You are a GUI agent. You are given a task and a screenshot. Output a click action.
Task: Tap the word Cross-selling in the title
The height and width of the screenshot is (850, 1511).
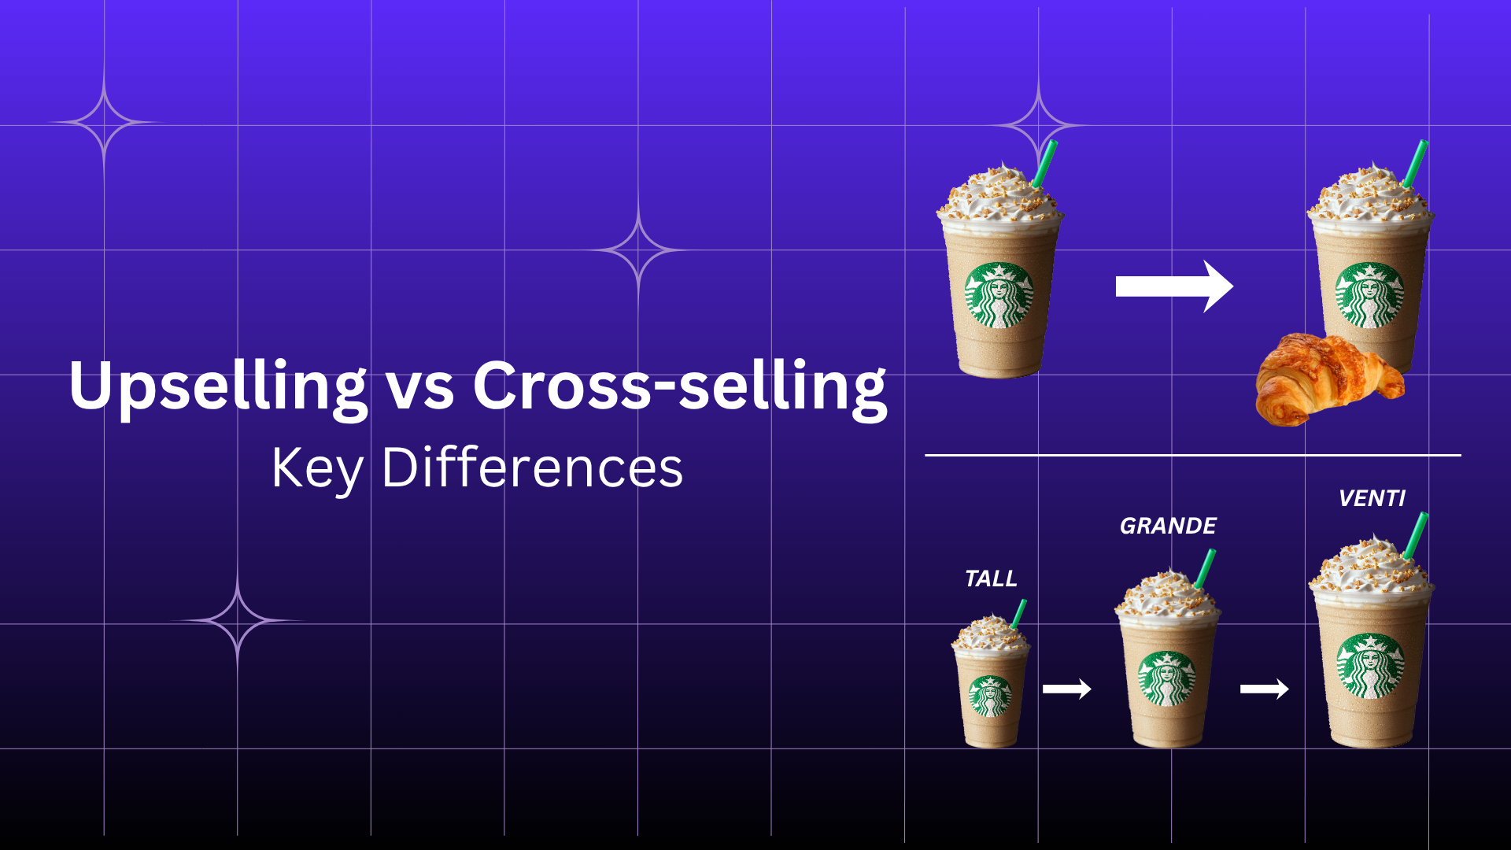[679, 386]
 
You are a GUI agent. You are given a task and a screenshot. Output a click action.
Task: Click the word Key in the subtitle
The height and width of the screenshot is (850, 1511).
[316, 468]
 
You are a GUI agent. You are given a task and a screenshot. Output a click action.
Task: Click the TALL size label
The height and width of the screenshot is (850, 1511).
[991, 578]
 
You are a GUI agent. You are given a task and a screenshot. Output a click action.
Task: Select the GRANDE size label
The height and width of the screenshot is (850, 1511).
[1168, 526]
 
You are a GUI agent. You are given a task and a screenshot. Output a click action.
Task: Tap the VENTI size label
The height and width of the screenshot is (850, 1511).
[1372, 498]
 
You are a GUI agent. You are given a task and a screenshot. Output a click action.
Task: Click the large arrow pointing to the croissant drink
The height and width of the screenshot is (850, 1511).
[1173, 286]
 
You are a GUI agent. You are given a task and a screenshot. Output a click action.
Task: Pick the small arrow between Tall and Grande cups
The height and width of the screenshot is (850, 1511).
[1066, 689]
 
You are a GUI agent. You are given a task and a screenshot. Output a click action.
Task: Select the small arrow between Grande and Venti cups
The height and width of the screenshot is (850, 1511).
[1264, 689]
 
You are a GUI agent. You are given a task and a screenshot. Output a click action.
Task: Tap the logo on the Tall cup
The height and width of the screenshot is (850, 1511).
[991, 696]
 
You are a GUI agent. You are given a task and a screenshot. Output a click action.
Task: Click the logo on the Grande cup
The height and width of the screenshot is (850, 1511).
[1167, 678]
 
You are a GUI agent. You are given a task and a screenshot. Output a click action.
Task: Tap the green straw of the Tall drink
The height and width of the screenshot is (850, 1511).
[1019, 613]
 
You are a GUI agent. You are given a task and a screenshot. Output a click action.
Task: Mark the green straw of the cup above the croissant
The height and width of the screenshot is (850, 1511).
[1417, 163]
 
